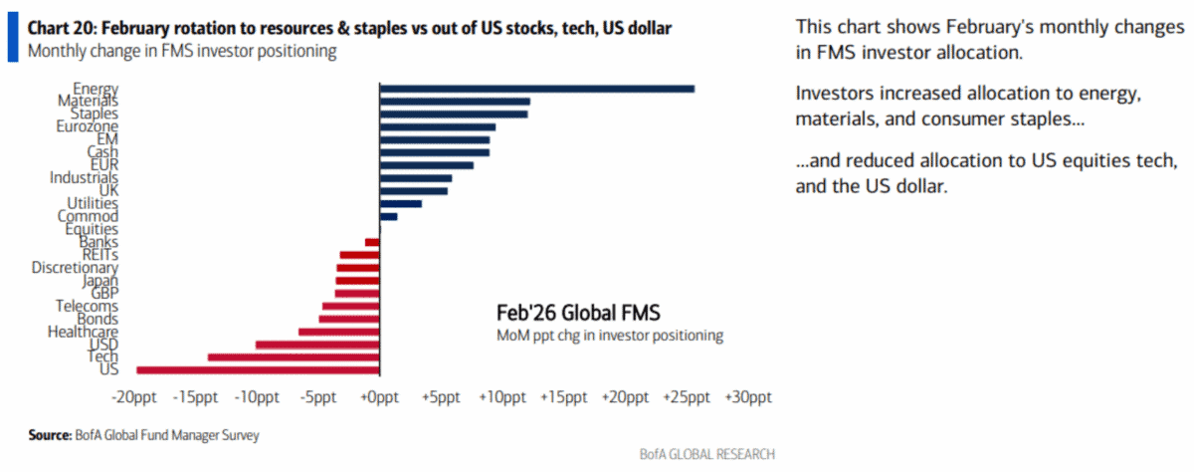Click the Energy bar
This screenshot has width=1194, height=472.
point(536,89)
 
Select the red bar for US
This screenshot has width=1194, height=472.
point(258,369)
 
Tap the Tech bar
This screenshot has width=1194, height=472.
point(294,356)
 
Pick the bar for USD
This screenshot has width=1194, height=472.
point(317,345)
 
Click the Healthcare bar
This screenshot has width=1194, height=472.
point(338,332)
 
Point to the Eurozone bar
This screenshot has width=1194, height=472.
point(437,126)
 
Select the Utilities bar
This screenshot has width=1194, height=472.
point(400,203)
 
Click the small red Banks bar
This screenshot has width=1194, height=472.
point(372,242)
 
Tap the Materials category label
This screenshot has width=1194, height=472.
point(88,101)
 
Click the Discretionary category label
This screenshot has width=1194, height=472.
point(75,267)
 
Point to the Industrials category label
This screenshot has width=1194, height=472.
point(84,177)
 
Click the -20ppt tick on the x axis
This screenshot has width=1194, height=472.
point(133,398)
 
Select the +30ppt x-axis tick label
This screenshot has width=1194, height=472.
point(748,398)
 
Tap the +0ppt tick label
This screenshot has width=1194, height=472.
point(379,398)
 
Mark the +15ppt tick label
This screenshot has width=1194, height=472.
point(563,398)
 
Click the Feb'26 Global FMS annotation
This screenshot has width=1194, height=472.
point(578,314)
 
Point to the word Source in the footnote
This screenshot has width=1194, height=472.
point(49,435)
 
